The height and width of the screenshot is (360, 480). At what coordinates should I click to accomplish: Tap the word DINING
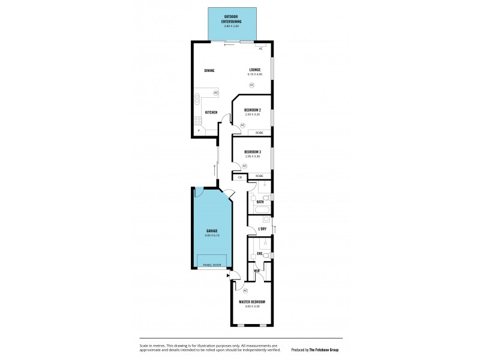point(209,70)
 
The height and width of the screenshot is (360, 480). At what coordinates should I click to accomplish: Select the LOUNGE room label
point(255,70)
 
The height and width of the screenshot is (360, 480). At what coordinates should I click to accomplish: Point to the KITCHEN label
point(211,112)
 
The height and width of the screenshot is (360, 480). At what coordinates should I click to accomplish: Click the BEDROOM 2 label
point(252,110)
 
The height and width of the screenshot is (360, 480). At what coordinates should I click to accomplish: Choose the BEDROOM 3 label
point(253,152)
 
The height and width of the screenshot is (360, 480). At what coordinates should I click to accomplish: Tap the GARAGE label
point(211,230)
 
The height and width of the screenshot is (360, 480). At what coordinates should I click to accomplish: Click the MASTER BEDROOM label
point(252,302)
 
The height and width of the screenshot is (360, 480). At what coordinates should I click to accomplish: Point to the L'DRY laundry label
point(262,229)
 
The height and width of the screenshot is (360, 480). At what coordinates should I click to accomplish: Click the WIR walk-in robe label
point(256,271)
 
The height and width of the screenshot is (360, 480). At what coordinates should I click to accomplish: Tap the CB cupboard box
point(240,177)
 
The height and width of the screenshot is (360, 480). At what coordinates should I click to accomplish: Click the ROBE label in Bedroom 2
point(259,133)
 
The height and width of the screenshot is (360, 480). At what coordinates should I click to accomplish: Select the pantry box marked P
point(197,131)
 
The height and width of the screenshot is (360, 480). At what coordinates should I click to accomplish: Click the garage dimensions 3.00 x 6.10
point(211,235)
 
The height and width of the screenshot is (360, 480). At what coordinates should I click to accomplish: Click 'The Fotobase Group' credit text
point(323,349)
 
